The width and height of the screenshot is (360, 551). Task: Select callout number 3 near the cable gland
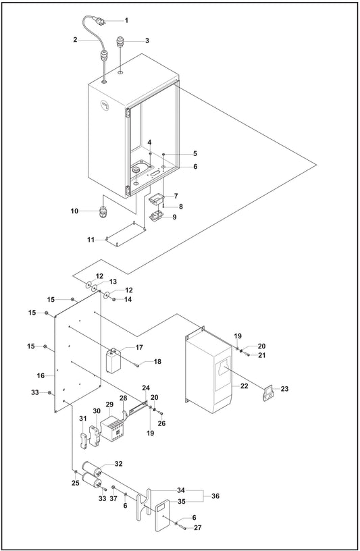click(147, 41)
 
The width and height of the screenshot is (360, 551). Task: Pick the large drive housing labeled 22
click(211, 375)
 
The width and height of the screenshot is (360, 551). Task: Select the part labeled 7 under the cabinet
click(157, 199)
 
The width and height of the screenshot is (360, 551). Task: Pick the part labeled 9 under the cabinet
click(157, 217)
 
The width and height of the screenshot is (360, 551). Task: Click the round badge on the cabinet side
click(105, 105)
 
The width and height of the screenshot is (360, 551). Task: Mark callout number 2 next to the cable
click(76, 41)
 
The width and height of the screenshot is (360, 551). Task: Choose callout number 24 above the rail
click(145, 388)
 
